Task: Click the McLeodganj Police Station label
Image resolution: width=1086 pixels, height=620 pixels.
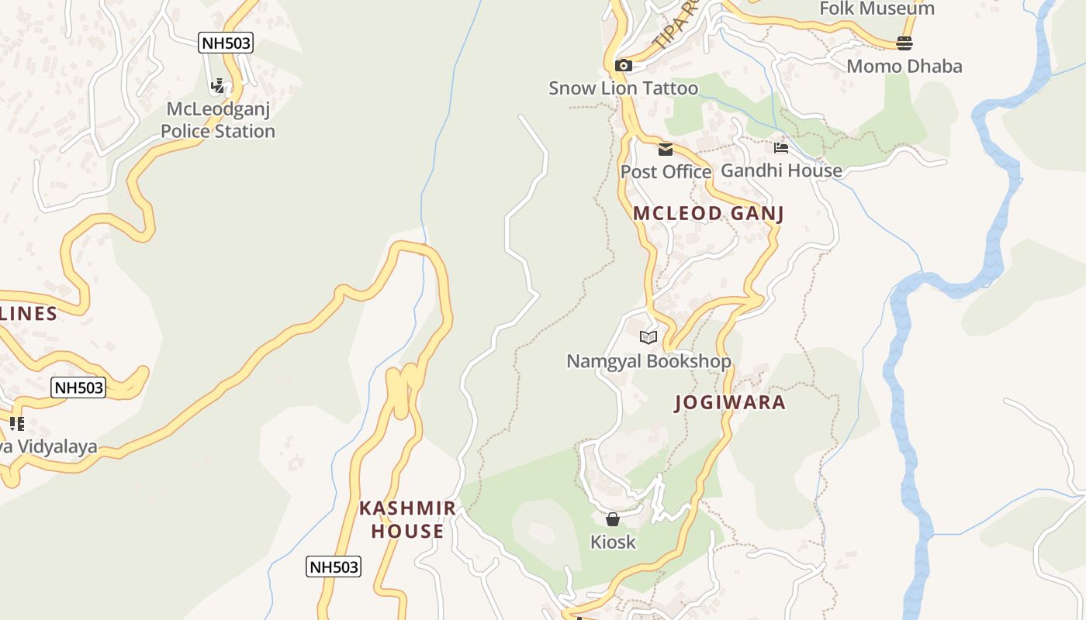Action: [x=218, y=120]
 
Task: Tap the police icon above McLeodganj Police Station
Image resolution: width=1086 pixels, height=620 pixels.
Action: [x=218, y=85]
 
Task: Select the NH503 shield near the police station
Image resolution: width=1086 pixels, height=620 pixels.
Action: [x=226, y=43]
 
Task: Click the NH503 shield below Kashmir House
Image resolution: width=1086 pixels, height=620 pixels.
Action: [x=334, y=567]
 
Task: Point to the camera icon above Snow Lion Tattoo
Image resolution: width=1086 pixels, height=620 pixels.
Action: [x=623, y=65]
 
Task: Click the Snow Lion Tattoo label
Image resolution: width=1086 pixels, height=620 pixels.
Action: [x=623, y=88]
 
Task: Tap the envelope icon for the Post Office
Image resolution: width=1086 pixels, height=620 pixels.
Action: [x=666, y=150]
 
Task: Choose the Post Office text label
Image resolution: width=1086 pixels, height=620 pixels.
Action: [x=666, y=171]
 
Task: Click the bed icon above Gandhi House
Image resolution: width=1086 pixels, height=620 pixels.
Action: [x=781, y=147]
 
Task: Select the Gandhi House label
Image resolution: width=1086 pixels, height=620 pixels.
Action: [x=781, y=170]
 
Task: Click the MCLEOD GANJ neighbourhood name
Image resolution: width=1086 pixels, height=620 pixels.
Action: [x=708, y=213]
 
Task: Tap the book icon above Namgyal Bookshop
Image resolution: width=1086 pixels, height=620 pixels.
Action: [x=648, y=337]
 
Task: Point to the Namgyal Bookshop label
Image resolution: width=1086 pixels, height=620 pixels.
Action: [x=648, y=361]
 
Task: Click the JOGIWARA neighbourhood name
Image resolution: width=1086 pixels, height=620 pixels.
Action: [x=730, y=402]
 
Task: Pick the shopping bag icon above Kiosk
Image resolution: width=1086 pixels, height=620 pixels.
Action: [x=613, y=519]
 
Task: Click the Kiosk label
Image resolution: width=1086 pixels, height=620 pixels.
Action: [x=613, y=542]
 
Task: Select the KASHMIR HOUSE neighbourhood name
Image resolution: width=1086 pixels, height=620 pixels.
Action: [x=407, y=519]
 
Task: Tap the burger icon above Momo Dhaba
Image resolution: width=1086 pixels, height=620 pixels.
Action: [x=904, y=43]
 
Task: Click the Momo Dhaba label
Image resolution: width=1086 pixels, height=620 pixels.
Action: [x=904, y=66]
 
